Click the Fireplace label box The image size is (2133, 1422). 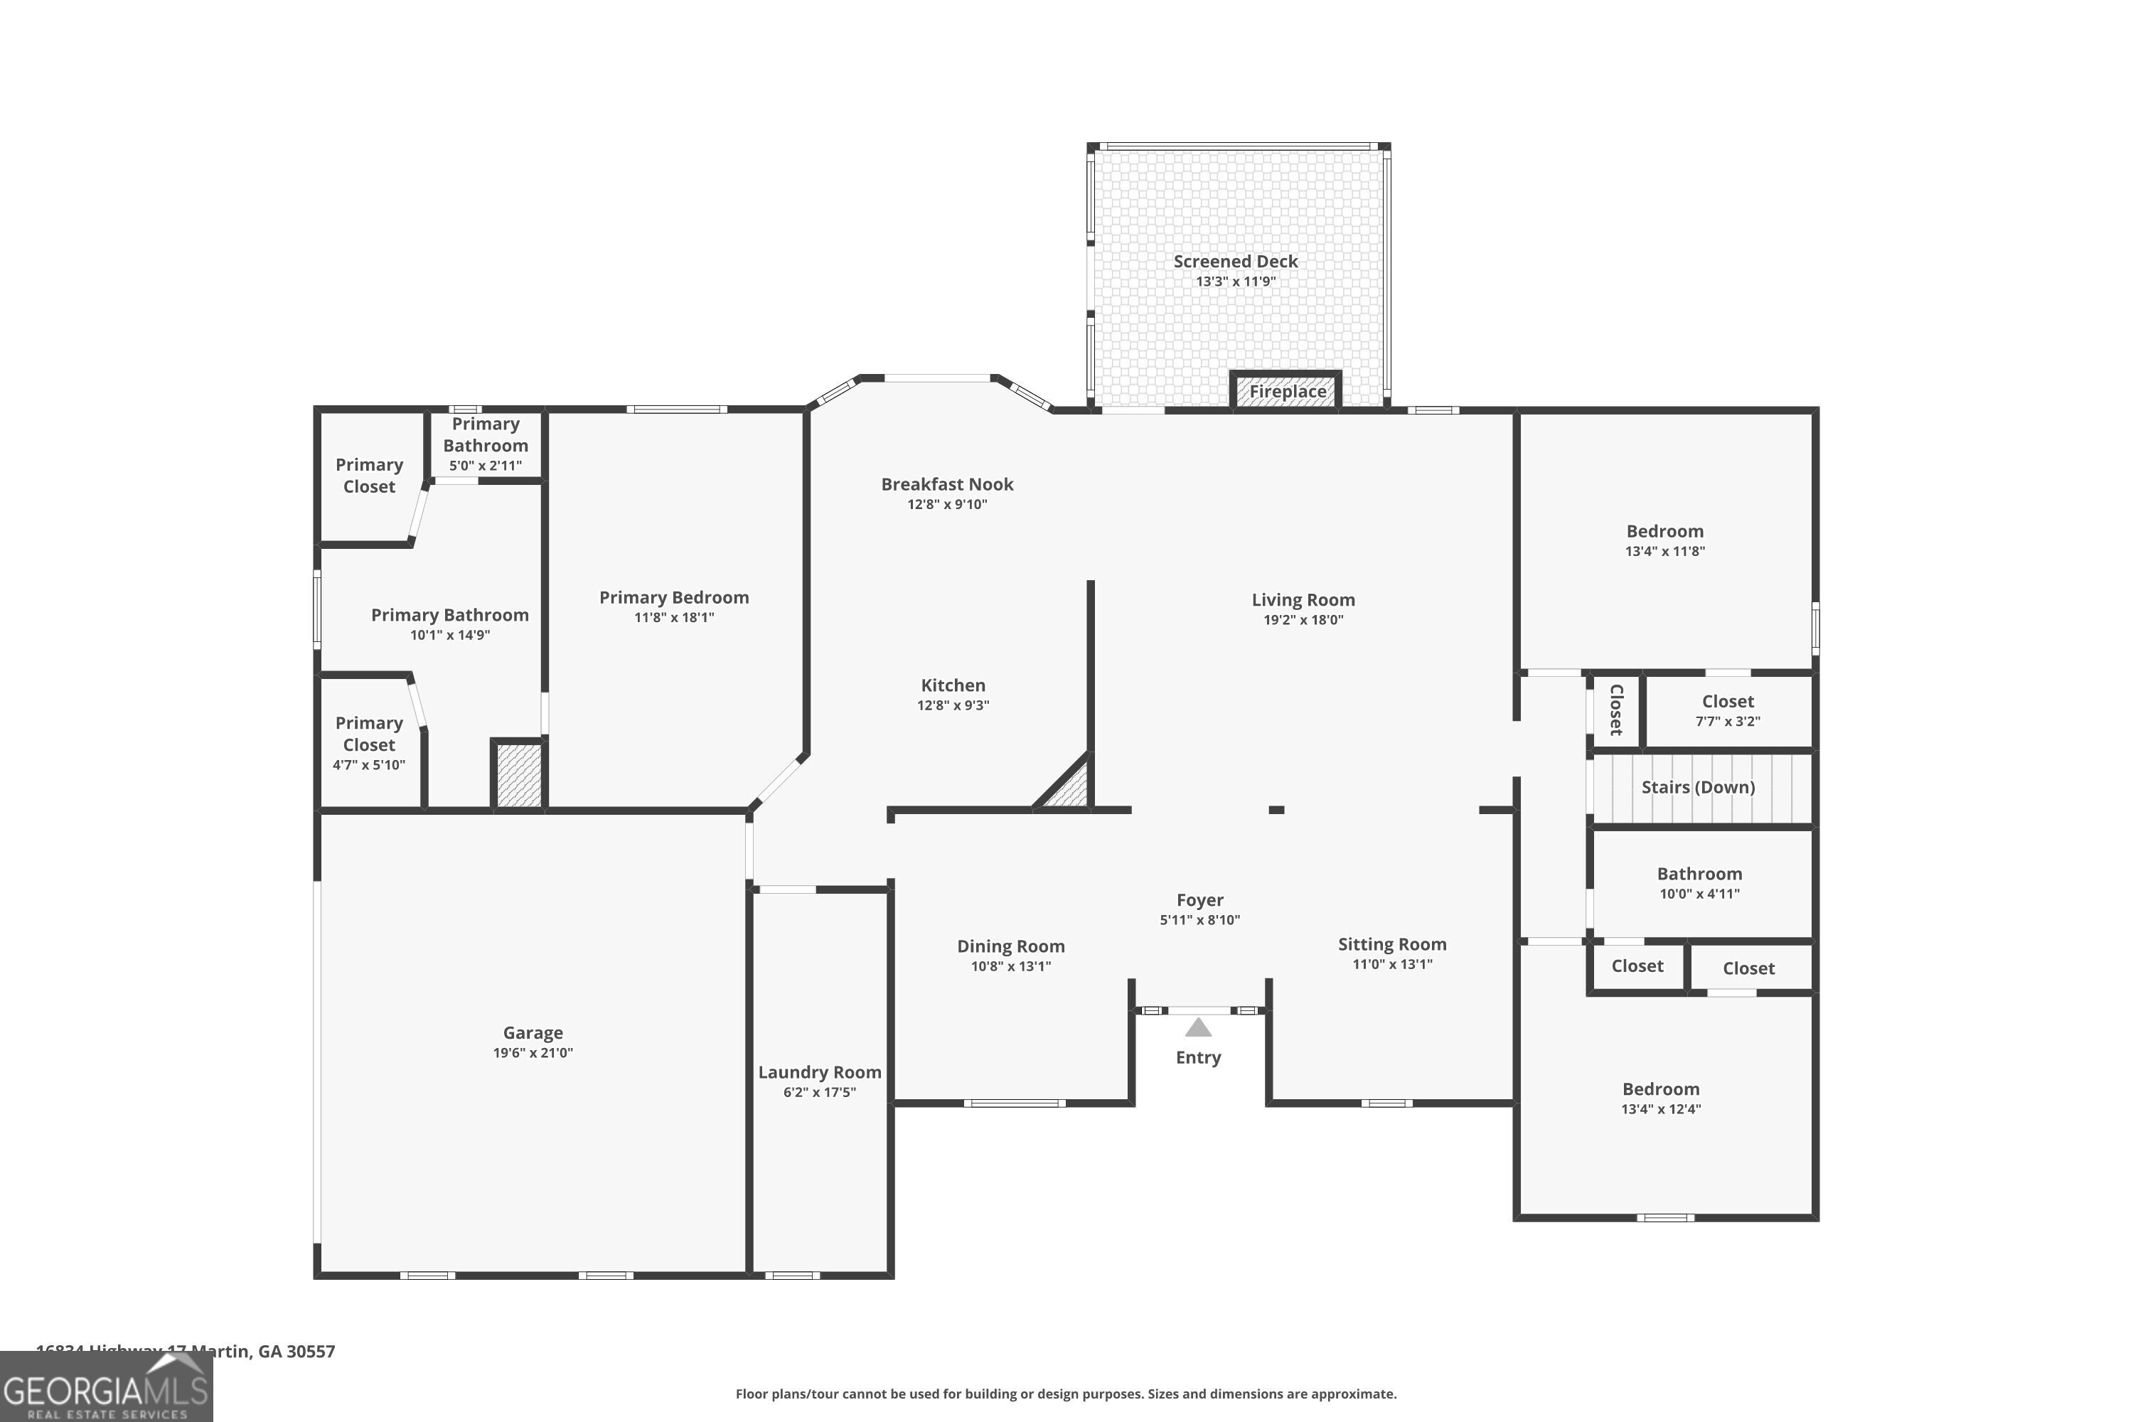point(1286,392)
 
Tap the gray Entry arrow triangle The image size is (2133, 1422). point(1198,1027)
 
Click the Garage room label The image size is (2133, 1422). point(533,1033)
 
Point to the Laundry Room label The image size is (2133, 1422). point(819,1073)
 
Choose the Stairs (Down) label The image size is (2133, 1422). point(1698,787)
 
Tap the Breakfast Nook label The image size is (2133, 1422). point(947,484)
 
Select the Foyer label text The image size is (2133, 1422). point(1200,899)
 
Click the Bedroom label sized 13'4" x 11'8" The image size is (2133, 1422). point(1664,531)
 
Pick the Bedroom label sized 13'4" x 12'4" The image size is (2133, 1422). point(1660,1089)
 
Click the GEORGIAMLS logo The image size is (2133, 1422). point(106,1388)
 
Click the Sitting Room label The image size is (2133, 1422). point(1392,944)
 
